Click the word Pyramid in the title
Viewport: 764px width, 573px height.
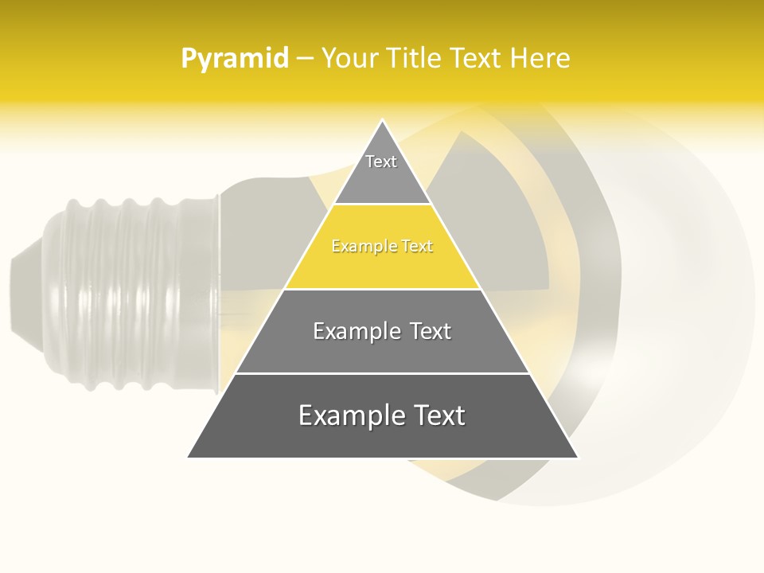point(235,58)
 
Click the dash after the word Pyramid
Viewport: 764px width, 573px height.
point(304,59)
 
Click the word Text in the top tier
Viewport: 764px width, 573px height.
point(381,162)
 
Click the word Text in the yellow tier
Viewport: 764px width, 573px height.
point(417,246)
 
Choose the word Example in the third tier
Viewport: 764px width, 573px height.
point(355,331)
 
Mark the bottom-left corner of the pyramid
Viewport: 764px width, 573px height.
point(188,458)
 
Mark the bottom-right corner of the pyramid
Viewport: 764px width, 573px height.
point(578,458)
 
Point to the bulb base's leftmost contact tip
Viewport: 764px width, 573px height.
point(12,294)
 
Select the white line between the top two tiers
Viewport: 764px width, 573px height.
point(382,204)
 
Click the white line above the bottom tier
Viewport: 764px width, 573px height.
point(382,373)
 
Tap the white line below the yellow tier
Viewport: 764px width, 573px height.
point(382,289)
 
